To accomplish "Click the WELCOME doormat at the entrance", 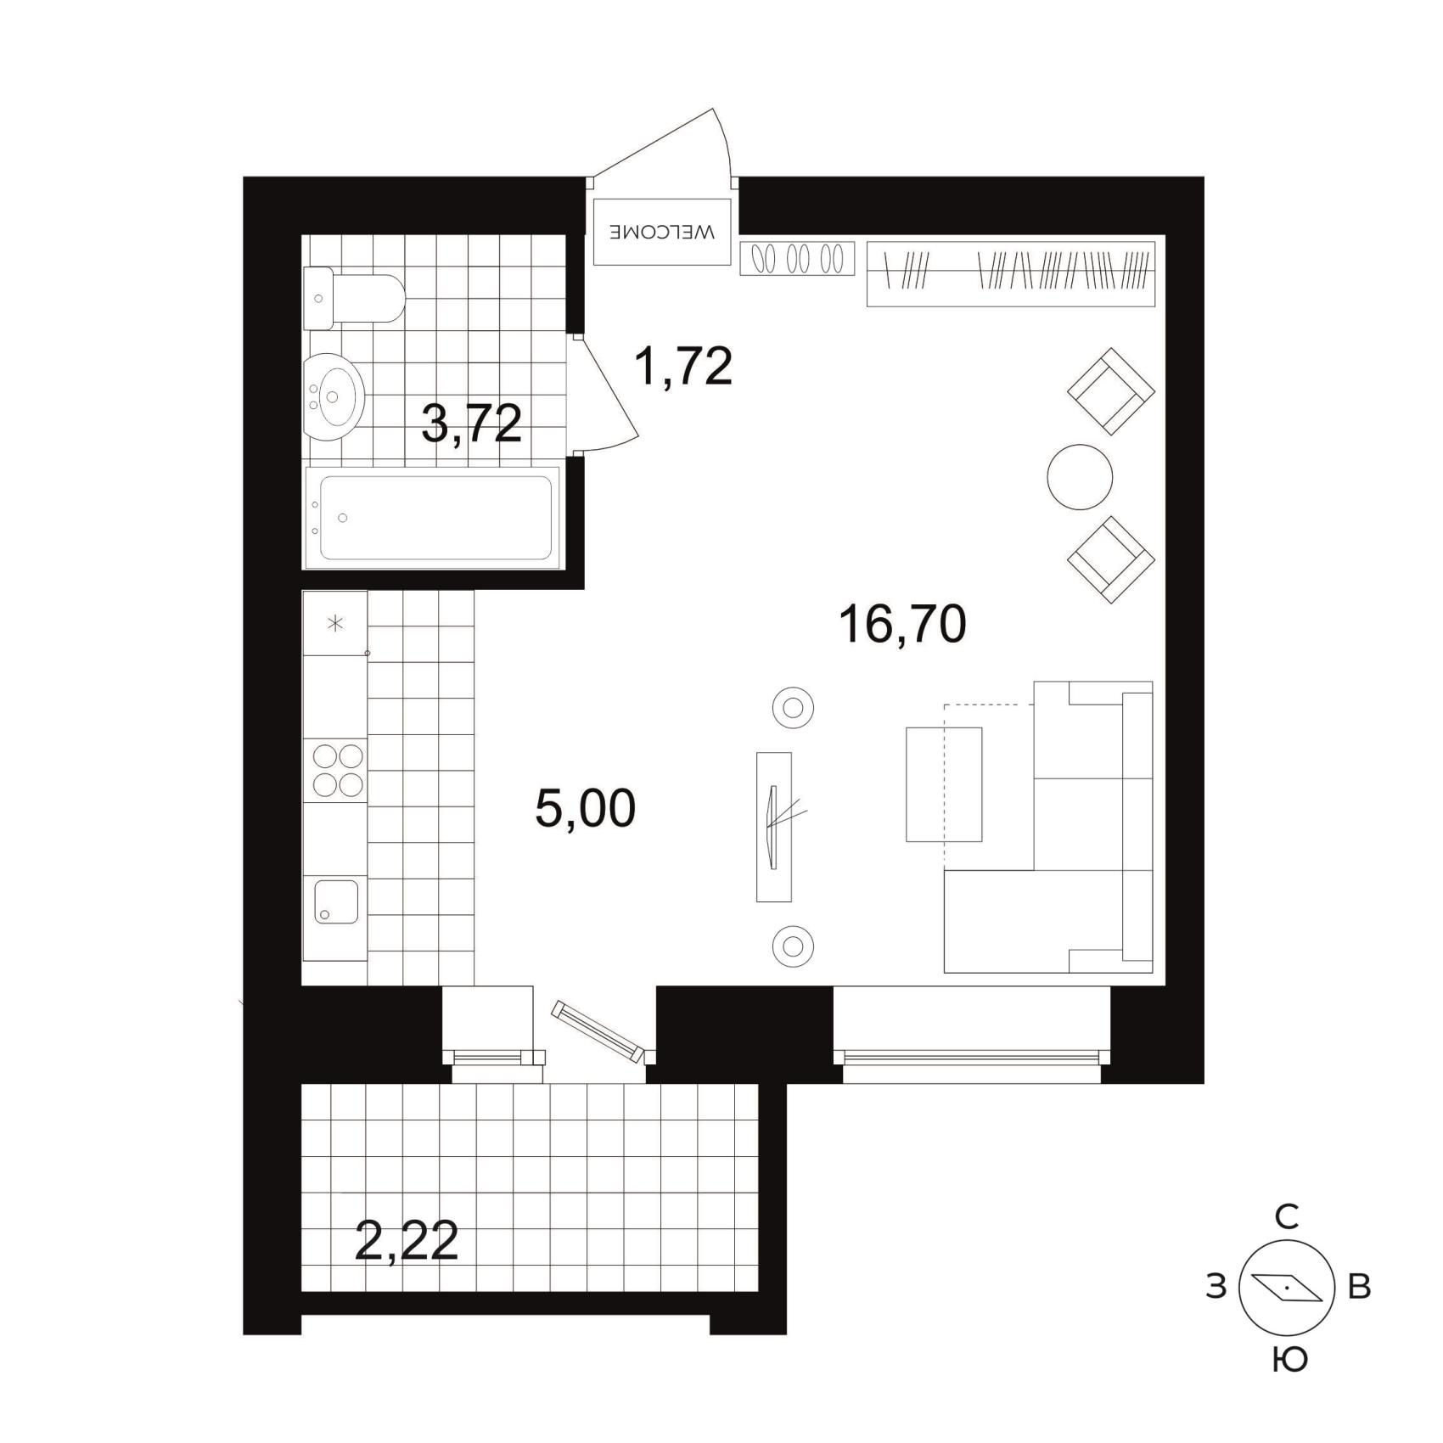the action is (661, 232).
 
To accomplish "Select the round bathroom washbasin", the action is (334, 397).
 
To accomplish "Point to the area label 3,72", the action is (471, 424).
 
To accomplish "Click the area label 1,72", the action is (683, 366).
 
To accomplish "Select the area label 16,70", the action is (902, 624).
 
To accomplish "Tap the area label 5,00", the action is (586, 808).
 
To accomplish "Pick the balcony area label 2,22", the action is (407, 1241).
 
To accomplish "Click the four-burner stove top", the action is (338, 770).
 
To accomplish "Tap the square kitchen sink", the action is (336, 901).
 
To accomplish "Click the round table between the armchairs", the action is (1080, 477).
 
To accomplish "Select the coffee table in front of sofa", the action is (944, 784).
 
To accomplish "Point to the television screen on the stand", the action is (772, 828).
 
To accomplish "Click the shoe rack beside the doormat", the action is (797, 258).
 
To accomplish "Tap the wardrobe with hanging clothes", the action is (1011, 273).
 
